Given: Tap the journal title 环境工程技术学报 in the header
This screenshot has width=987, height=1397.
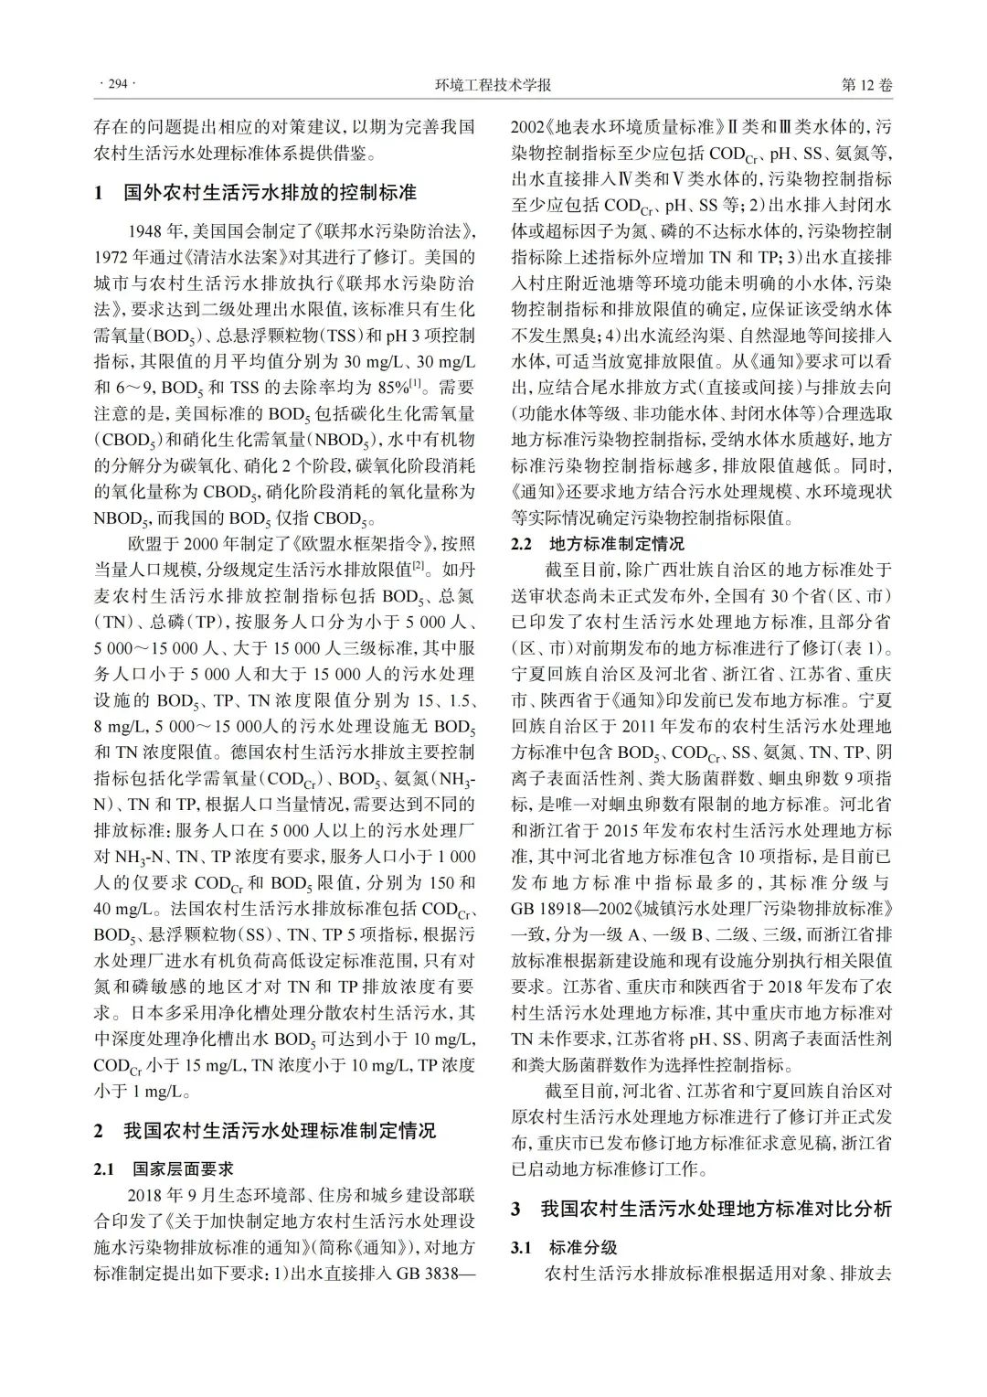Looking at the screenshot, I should coord(493,85).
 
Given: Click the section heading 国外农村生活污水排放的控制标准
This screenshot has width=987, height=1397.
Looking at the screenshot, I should coord(270,193).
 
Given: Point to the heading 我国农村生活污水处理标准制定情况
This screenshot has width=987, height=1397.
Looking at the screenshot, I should coord(280,1131).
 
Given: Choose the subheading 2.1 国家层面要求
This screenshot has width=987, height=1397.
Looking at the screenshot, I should coord(164,1169).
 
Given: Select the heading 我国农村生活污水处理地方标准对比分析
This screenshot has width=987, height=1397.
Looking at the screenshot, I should coord(716,1209).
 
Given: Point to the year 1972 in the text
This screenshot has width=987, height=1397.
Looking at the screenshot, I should coord(113,255).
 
